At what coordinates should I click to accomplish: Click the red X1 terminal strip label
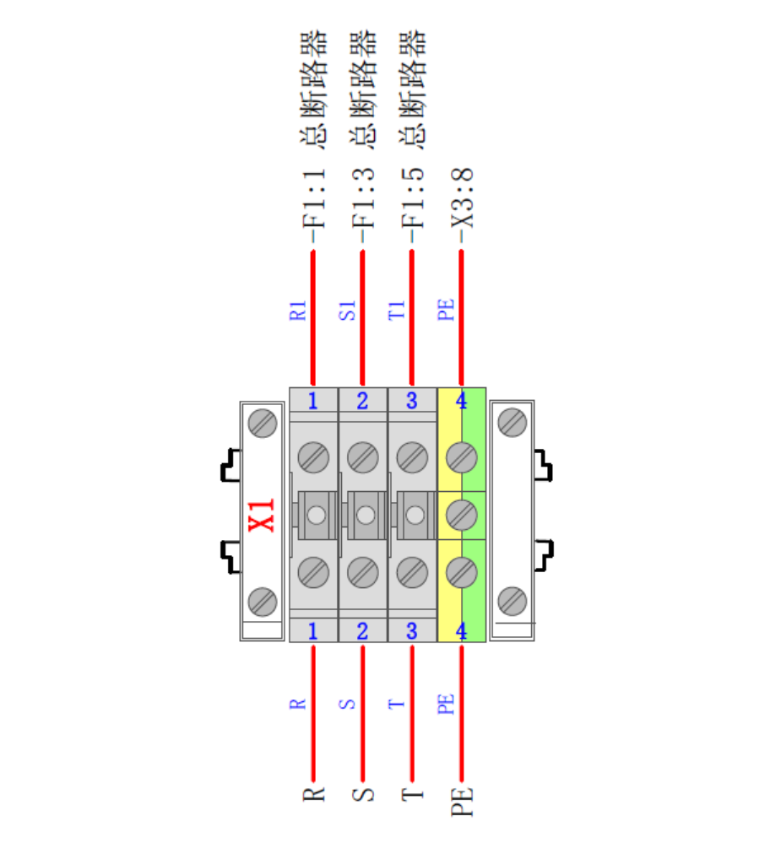point(262,516)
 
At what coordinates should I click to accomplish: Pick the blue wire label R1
point(298,311)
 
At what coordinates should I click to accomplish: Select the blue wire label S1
point(348,311)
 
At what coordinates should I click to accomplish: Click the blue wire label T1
point(397,311)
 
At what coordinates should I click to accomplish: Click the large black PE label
point(462,802)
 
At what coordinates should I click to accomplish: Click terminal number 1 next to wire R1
point(313,401)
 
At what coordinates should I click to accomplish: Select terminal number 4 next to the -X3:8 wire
point(461,401)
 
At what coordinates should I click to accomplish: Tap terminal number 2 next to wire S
point(362,631)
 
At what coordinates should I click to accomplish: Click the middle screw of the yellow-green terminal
point(462,515)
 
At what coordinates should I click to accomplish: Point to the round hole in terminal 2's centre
point(366,515)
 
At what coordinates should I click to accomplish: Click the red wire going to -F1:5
point(412,317)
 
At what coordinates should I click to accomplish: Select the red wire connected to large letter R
point(313,713)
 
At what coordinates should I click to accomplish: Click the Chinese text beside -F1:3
point(363,89)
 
